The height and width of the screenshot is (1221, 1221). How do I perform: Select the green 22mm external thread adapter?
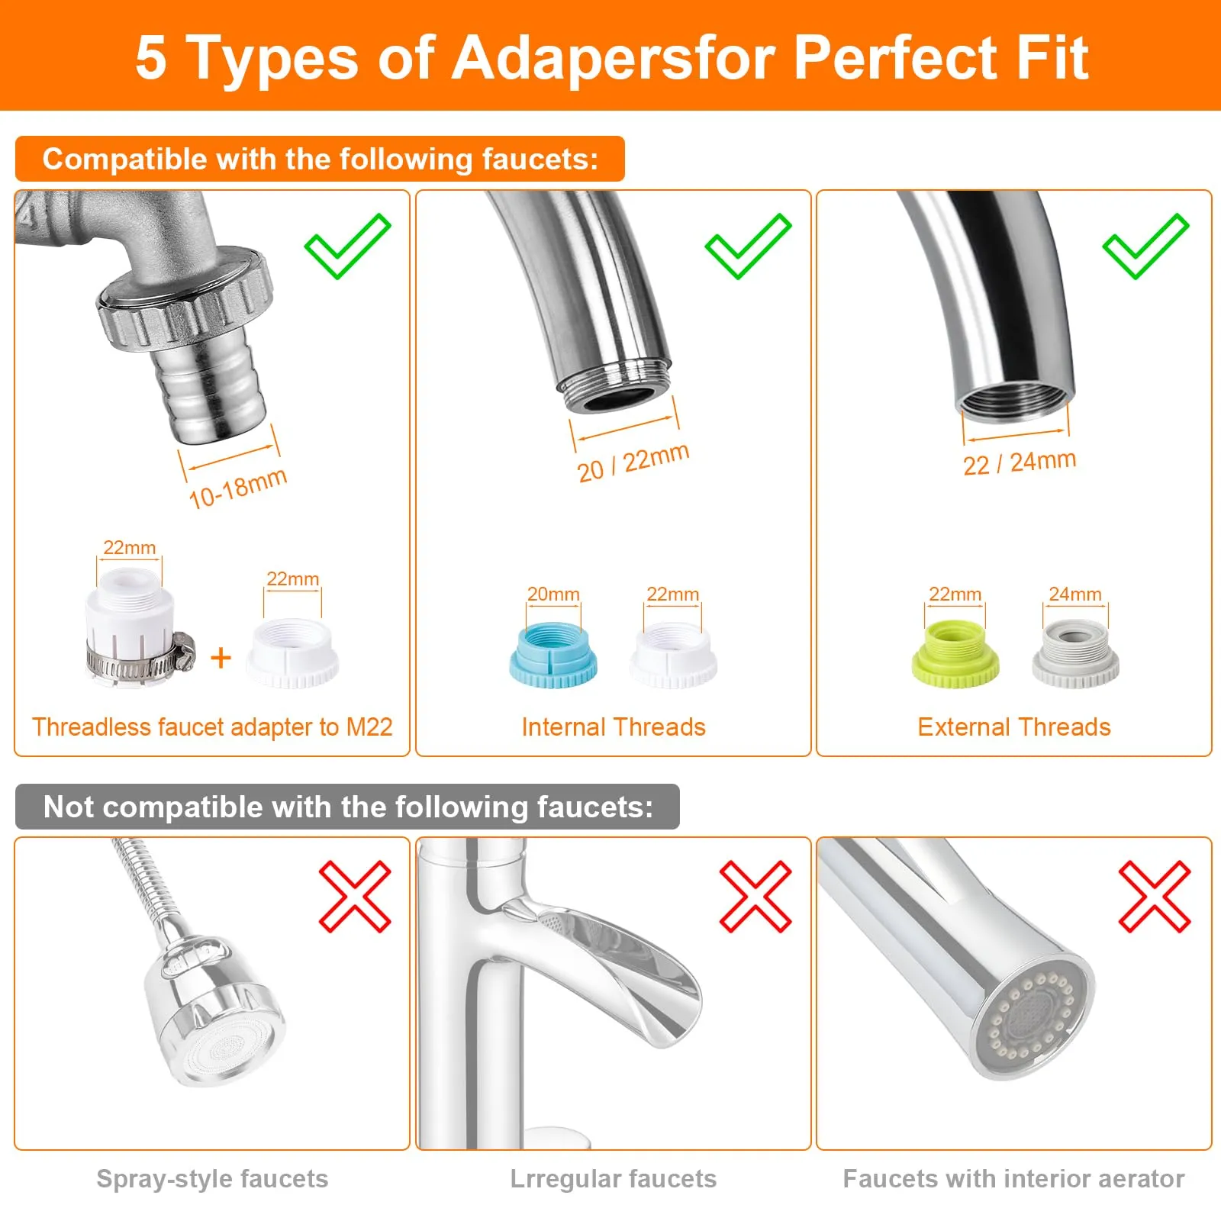pyautogui.click(x=955, y=654)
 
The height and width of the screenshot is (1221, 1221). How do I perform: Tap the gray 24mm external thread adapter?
pyautogui.click(x=1075, y=654)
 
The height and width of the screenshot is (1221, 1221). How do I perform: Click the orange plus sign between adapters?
pyautogui.click(x=221, y=657)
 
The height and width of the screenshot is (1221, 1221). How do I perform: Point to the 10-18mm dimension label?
pyautogui.click(x=237, y=488)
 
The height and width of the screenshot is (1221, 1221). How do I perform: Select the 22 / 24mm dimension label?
pyautogui.click(x=1020, y=462)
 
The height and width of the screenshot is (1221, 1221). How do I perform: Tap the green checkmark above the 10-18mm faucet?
pyautogui.click(x=347, y=246)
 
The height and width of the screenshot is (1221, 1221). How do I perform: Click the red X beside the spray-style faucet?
pyautogui.click(x=355, y=897)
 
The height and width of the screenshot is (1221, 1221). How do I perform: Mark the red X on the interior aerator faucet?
pyautogui.click(x=1155, y=897)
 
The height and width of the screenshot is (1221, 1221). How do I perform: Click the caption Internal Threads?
pyautogui.click(x=614, y=727)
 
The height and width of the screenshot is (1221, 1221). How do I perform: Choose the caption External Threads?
pyautogui.click(x=1014, y=727)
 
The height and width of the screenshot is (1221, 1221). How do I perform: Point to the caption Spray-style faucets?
pyautogui.click(x=212, y=1179)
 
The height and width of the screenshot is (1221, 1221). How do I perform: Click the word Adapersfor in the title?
pyautogui.click(x=614, y=57)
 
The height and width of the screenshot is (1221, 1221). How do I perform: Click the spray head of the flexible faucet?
pyautogui.click(x=214, y=1010)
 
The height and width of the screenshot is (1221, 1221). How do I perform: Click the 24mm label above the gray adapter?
pyautogui.click(x=1074, y=594)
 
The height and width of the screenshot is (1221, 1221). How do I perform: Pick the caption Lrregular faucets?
pyautogui.click(x=614, y=1179)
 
